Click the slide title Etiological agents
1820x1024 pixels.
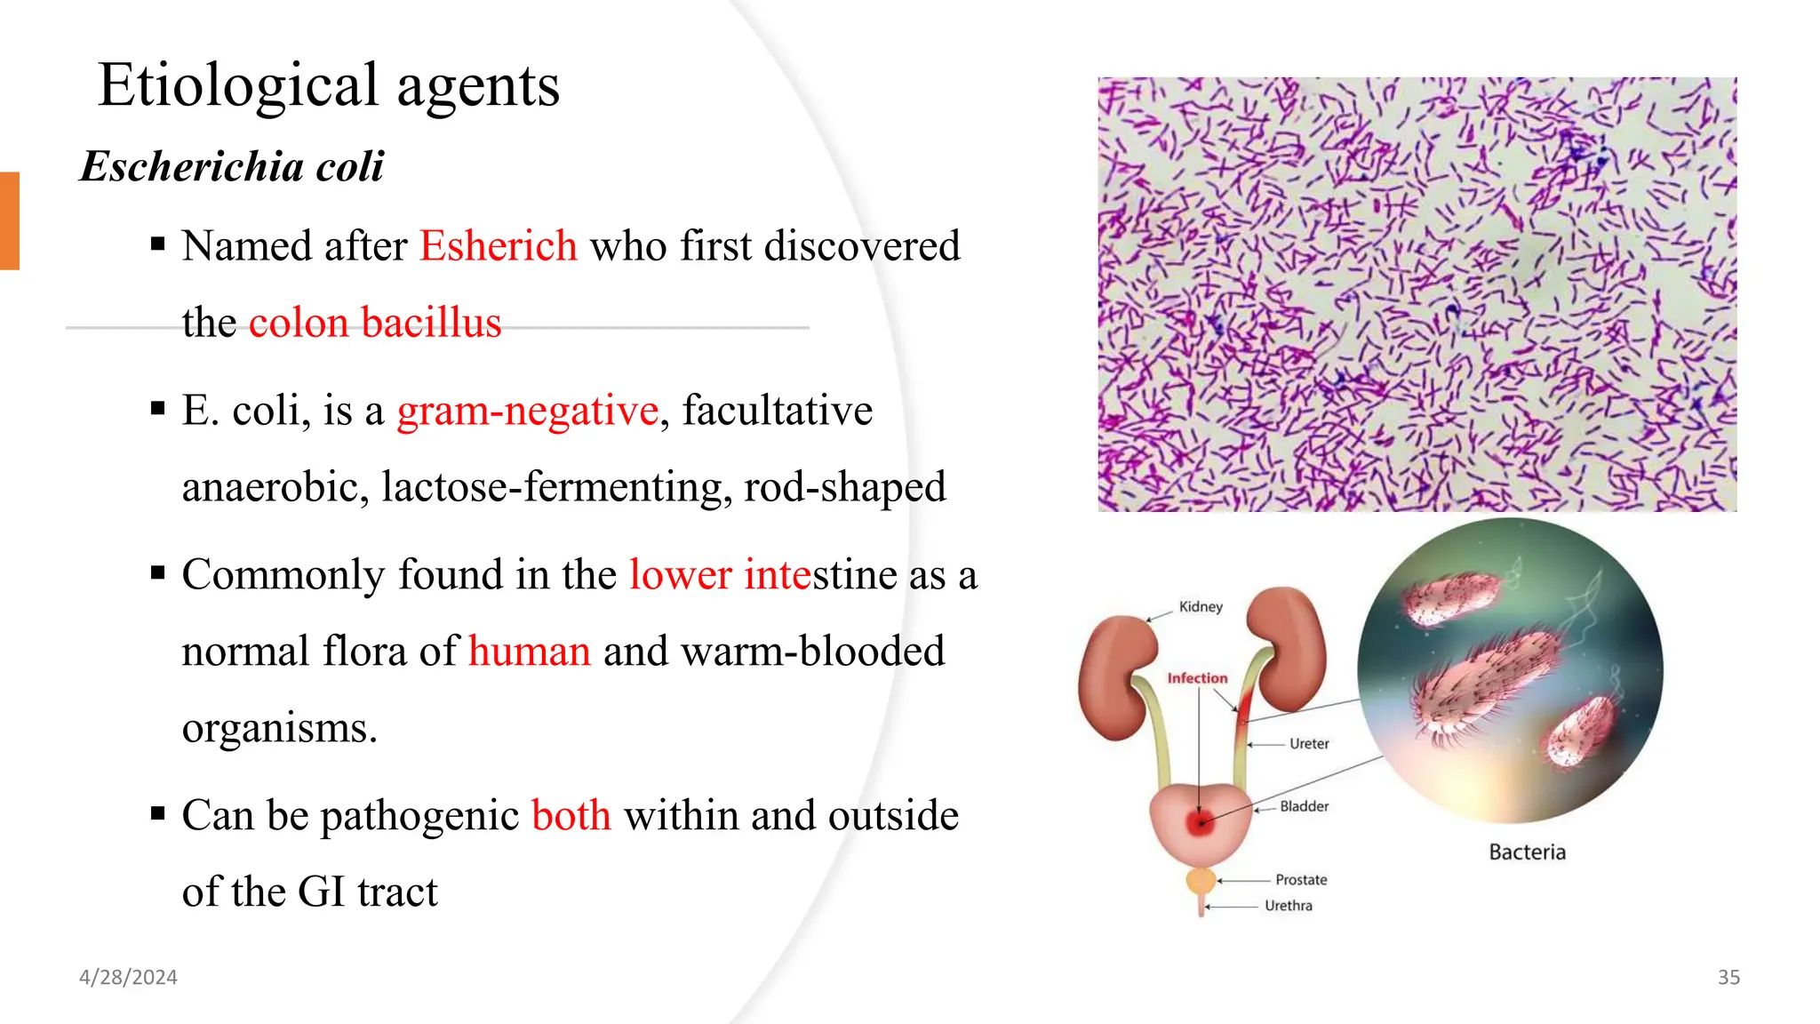point(329,86)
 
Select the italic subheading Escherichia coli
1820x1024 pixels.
point(232,166)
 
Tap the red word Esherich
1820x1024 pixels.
point(499,246)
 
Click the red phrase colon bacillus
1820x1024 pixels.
point(375,323)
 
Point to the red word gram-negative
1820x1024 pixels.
point(528,411)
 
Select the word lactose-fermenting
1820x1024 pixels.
point(557,487)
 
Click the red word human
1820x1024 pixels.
point(530,652)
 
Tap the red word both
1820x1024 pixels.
point(571,816)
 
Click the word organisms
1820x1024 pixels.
point(280,728)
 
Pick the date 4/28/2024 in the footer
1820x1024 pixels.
point(129,978)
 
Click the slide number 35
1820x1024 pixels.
point(1728,978)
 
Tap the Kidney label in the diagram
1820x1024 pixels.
point(1201,607)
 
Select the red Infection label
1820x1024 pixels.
point(1197,678)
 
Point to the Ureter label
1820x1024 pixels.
point(1309,744)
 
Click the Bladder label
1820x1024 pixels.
point(1304,806)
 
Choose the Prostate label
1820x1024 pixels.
point(1301,880)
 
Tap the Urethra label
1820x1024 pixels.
point(1288,906)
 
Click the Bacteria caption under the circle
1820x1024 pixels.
point(1527,852)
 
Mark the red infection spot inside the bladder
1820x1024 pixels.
point(1201,822)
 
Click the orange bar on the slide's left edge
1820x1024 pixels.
point(9,220)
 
